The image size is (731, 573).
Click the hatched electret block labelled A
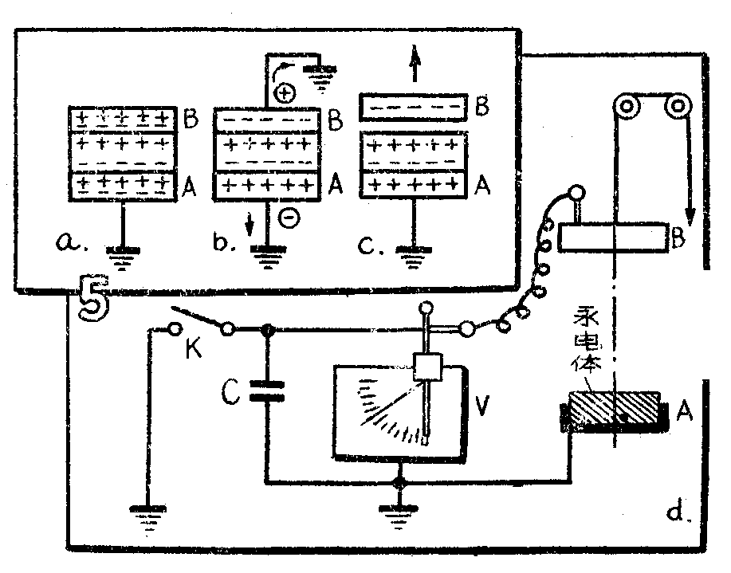[x=614, y=411]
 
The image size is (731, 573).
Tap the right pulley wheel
[x=678, y=107]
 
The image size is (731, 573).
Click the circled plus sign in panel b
[x=285, y=93]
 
